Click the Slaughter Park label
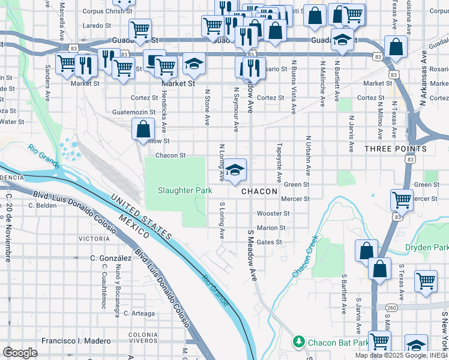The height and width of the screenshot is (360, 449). click(185, 191)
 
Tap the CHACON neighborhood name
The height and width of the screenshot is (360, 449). click(259, 191)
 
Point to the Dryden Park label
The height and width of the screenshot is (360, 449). click(427, 247)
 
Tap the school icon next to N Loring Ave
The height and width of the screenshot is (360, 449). click(236, 170)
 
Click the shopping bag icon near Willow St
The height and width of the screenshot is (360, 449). click(143, 129)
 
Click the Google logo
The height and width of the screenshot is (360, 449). click(20, 352)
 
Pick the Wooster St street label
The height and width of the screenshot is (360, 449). click(273, 213)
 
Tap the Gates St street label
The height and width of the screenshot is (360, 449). click(269, 242)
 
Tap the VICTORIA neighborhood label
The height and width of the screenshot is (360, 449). click(94, 238)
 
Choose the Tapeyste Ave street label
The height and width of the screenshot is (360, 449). click(279, 162)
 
